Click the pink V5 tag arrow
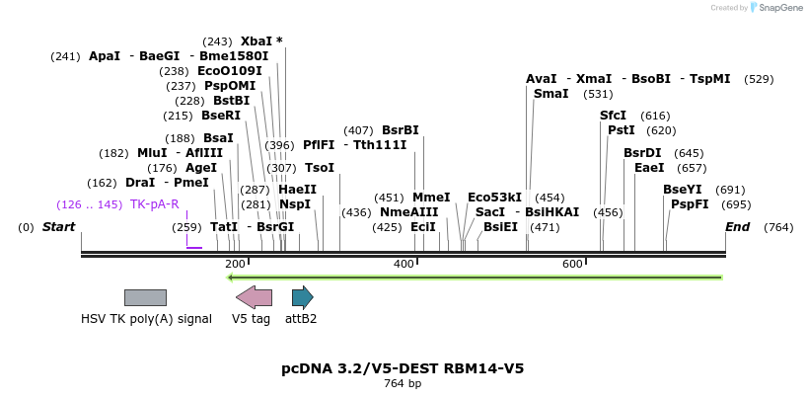coord(254,297)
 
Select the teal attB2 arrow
coord(302,297)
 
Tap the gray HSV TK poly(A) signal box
coord(145,297)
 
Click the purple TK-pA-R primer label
coord(155,204)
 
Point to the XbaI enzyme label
coord(256,41)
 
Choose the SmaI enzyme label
coord(550,94)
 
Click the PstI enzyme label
coord(621,130)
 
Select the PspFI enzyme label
coord(690,204)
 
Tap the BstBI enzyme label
coord(232,101)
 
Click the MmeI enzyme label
coord(431,198)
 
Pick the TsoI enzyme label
coord(320,168)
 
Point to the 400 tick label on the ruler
coord(403,264)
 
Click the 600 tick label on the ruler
coord(572,264)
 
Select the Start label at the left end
coord(58,227)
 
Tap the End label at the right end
coord(738,227)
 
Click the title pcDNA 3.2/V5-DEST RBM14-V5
coord(403,368)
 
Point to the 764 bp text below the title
coord(403,383)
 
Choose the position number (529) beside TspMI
coord(759,79)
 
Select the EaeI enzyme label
coord(649,168)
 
